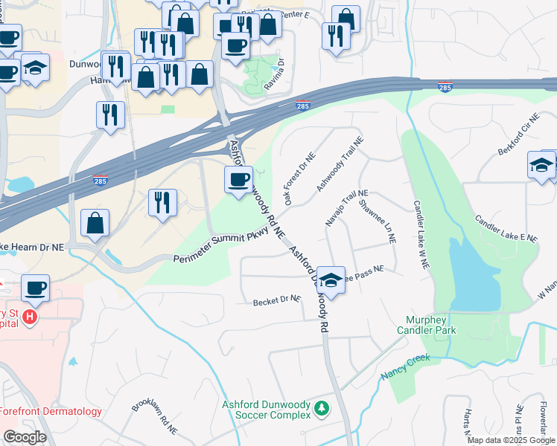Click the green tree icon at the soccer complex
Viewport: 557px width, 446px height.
point(322,408)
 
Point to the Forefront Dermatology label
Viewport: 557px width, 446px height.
point(51,411)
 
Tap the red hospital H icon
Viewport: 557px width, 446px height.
point(29,317)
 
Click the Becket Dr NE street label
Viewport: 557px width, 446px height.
point(276,301)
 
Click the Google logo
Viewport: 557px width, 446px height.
point(25,437)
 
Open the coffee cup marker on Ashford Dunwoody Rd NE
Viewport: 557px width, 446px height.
point(238,180)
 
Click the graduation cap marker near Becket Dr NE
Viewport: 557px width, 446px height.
point(331,280)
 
